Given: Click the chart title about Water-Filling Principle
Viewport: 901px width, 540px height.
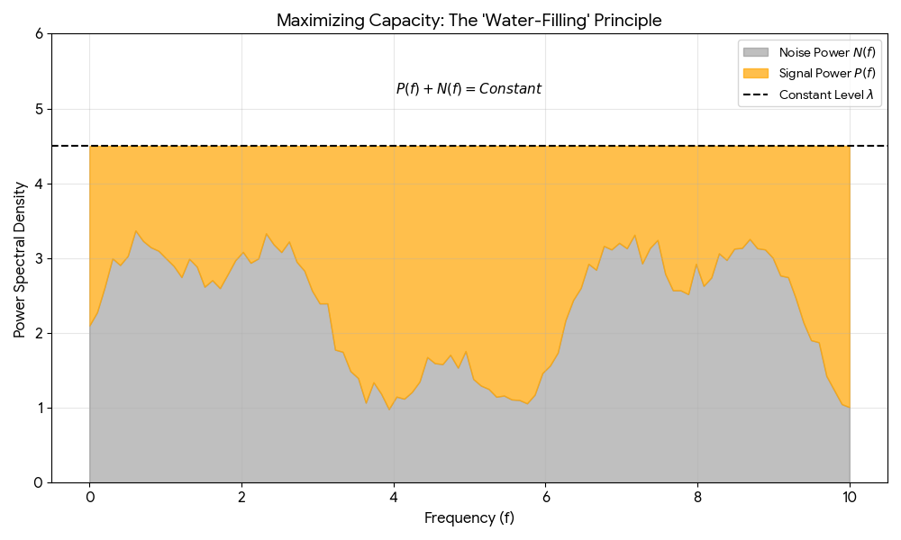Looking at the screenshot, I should (x=469, y=20).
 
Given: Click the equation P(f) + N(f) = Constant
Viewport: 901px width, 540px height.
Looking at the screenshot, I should (x=469, y=89).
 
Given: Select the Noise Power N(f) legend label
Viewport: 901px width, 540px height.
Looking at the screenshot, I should (x=827, y=53).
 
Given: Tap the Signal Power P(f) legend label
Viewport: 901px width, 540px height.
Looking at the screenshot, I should (x=827, y=74).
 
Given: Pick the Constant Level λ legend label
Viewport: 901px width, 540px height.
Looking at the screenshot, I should (x=827, y=94).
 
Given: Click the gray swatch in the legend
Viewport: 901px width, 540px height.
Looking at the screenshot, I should (x=757, y=53).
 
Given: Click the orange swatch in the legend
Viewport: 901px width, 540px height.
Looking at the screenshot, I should (x=757, y=74).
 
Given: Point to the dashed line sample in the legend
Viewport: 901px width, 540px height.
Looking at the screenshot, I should (x=757, y=94).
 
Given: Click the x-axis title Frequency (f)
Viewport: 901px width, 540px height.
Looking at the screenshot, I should (x=469, y=518).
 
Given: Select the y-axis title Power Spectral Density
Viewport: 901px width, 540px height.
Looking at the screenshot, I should (x=20, y=258).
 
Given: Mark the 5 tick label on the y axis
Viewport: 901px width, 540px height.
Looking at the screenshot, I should (x=39, y=109).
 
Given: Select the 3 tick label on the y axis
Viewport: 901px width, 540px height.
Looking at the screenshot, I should (x=39, y=258).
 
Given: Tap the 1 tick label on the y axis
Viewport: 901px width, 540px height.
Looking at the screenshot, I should (x=39, y=408).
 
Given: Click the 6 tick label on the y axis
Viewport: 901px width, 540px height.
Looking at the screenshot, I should (x=39, y=34).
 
